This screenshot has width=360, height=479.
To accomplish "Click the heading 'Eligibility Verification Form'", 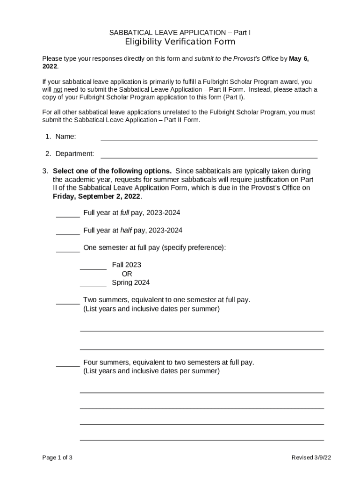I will pyautogui.click(x=180, y=42).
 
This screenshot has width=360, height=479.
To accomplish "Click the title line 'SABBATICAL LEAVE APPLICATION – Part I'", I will pyautogui.click(x=180, y=32).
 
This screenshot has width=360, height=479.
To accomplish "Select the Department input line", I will pyautogui.click(x=209, y=154).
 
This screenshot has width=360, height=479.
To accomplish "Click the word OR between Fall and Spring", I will pyautogui.click(x=127, y=274).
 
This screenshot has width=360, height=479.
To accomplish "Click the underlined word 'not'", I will pyautogui.click(x=57, y=89).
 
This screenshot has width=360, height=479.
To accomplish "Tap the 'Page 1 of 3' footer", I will pyautogui.click(x=57, y=457).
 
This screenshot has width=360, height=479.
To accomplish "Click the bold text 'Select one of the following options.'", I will pyautogui.click(x=112, y=171).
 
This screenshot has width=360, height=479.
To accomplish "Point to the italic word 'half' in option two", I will pyautogui.click(x=126, y=230).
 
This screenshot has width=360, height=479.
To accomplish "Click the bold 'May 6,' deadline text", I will pyautogui.click(x=299, y=58).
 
